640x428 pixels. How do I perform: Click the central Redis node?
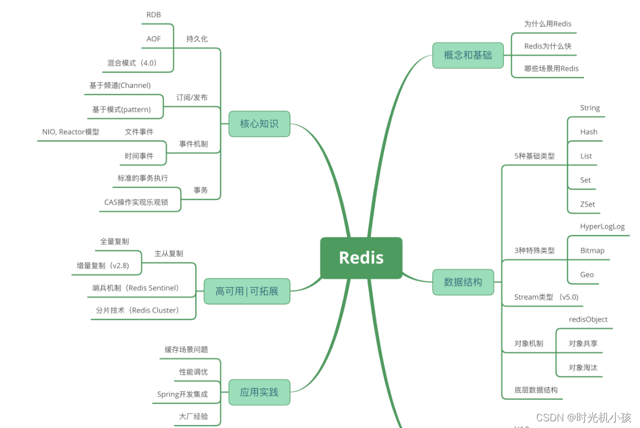tap(361, 258)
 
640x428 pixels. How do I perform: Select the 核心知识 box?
tap(259, 123)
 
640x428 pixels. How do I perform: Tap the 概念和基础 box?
tap(468, 55)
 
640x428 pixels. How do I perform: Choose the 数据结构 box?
tap(463, 282)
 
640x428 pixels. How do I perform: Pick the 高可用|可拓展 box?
tap(247, 291)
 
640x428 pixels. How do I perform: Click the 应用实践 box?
tap(259, 392)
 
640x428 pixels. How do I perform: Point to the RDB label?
tap(153, 15)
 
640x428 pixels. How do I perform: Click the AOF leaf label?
tap(153, 39)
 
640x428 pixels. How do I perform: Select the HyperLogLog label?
tap(602, 226)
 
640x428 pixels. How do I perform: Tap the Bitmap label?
tap(592, 250)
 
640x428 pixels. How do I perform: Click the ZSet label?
tap(587, 204)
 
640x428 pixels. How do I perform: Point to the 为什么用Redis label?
tap(548, 24)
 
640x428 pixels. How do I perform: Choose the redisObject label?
tap(588, 319)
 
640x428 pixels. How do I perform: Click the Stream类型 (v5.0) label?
tap(547, 297)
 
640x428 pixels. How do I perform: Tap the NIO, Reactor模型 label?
tap(71, 132)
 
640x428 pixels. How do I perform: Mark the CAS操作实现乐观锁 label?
tap(136, 202)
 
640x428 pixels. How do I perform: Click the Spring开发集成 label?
tap(182, 394)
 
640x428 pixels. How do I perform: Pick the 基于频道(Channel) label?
tap(120, 86)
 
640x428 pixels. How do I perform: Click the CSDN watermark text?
tap(584, 417)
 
